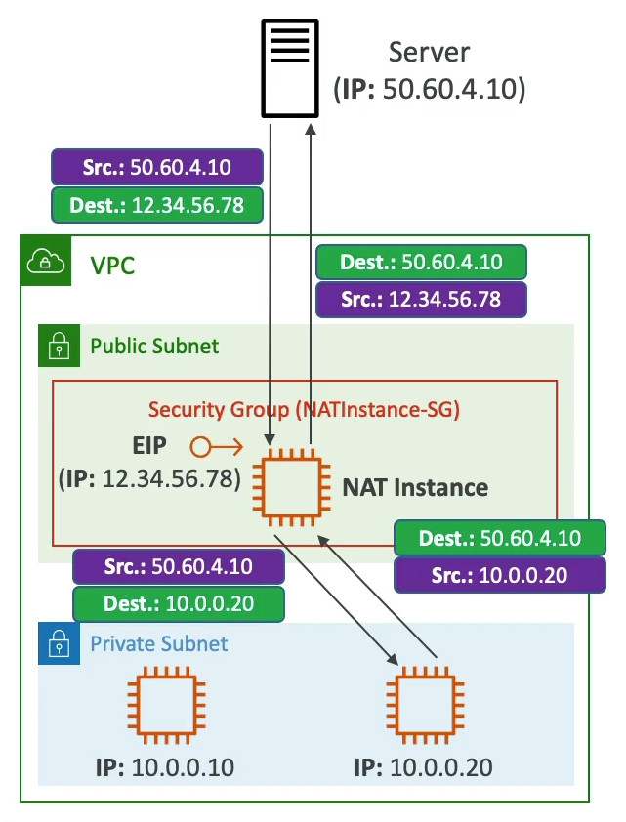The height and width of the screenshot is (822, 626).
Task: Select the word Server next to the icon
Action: click(x=429, y=53)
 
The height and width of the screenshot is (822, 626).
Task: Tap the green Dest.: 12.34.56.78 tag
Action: click(x=156, y=205)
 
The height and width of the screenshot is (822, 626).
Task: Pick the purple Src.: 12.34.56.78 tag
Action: click(x=422, y=299)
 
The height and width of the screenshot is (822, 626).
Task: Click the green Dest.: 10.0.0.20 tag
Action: click(x=179, y=603)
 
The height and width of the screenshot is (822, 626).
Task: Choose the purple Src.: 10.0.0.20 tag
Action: click(x=499, y=575)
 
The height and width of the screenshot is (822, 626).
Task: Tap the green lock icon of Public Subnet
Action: click(x=58, y=346)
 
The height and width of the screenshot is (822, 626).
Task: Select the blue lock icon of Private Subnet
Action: click(x=58, y=643)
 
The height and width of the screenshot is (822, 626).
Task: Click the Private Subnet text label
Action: click(x=159, y=643)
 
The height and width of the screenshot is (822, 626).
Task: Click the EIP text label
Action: click(x=150, y=446)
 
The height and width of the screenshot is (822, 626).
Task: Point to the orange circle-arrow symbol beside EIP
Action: click(x=216, y=447)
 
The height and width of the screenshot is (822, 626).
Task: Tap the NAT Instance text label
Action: click(x=415, y=486)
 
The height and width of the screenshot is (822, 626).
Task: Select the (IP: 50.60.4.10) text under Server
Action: click(x=430, y=91)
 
